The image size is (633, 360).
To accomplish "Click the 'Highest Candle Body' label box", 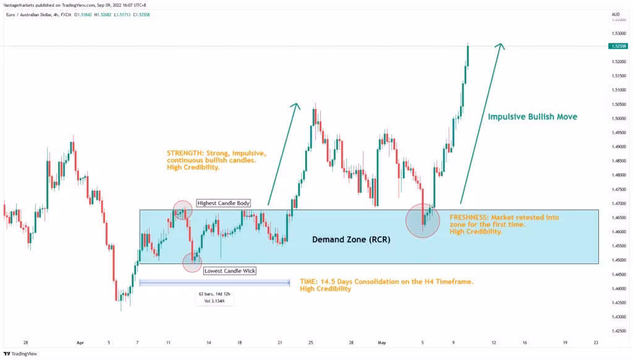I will [x=223, y=203].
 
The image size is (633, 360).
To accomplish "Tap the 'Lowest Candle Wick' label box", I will [x=229, y=270].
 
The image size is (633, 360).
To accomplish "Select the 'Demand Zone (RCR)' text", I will [x=350, y=239].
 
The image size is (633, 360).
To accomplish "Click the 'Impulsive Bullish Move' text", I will [x=533, y=116].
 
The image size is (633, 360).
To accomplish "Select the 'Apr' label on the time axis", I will [x=80, y=341].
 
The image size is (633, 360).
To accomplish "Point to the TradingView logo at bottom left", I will [x=20, y=354].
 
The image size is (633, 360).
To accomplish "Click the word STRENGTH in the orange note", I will [x=184, y=152].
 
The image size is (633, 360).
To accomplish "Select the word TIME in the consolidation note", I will [x=308, y=281].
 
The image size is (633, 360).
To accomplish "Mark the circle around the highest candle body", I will [x=182, y=210].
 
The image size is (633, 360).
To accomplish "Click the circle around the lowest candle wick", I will [x=192, y=263].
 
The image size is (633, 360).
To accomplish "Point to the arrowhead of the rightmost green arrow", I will [x=501, y=45].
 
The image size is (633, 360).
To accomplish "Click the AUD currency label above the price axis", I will [x=615, y=14].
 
